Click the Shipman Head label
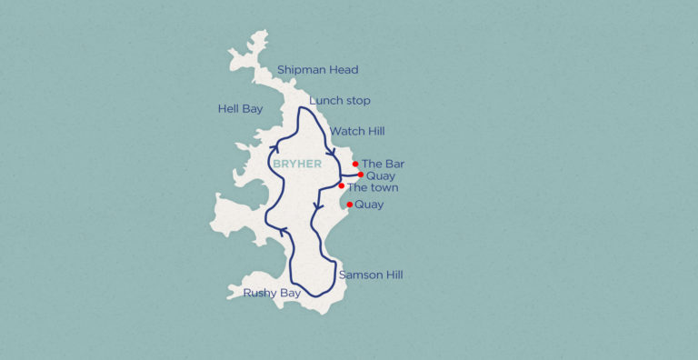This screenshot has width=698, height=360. point(318,70)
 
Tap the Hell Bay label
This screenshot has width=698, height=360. point(240,109)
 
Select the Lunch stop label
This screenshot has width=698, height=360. point(340,100)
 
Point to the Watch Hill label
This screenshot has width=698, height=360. point(357,132)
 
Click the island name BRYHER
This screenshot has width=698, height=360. point(296,164)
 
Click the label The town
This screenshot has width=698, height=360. point(373,187)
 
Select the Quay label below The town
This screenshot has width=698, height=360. point(369,205)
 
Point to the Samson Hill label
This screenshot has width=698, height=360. point(370,275)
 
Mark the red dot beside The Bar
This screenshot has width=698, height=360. point(355,165)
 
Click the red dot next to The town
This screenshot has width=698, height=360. point(342,186)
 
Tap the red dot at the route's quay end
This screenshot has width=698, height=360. point(361,175)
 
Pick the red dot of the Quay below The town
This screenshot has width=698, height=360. point(350,205)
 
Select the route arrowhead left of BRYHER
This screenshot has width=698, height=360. point(274,146)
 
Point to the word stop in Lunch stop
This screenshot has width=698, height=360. point(357,100)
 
